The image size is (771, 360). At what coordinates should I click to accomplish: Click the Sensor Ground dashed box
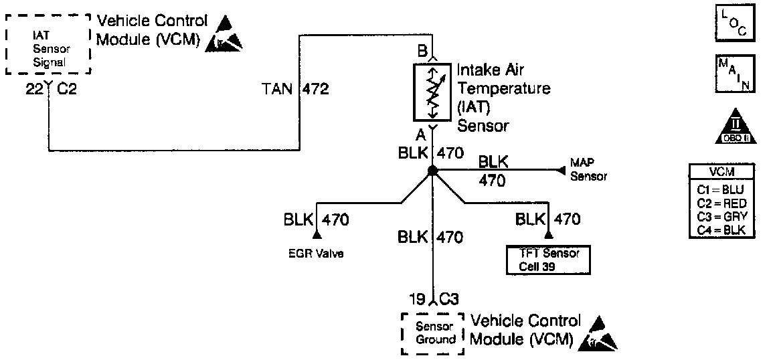pos(431,333)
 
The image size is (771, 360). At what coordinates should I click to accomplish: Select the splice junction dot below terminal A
pos(432,171)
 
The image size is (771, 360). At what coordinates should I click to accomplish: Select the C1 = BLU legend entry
pos(722,190)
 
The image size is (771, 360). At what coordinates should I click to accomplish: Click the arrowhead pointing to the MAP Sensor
pos(558,171)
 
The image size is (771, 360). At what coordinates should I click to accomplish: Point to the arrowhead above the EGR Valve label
pos(317,235)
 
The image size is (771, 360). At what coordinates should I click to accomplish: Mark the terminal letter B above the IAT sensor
pos(422,50)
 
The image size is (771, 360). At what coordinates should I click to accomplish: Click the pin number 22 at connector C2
pos(33,88)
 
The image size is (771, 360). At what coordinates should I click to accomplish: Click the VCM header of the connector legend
pos(722,172)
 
